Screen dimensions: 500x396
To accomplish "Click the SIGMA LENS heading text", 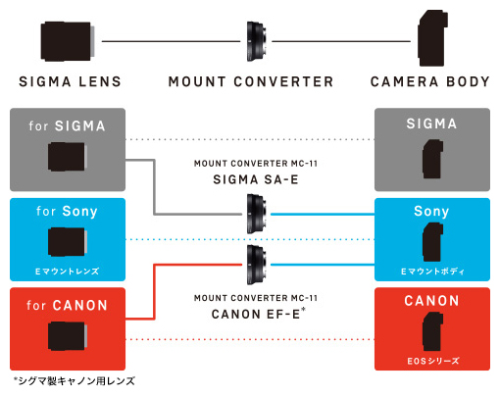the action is click(70, 81).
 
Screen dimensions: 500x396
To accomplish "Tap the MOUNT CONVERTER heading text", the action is click(251, 81).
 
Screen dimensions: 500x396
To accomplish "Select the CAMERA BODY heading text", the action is click(430, 81).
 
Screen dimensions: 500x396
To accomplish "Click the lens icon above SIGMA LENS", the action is click(68, 41).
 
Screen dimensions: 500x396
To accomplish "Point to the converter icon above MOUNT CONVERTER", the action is click(256, 41).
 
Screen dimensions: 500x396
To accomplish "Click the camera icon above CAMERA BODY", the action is click(432, 38).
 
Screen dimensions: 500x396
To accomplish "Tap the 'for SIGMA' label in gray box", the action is click(67, 125).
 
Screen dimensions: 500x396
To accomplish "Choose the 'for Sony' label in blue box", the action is click(67, 211).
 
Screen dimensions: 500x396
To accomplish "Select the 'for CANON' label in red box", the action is click(67, 305).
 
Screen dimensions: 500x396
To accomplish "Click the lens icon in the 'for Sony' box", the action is click(68, 242).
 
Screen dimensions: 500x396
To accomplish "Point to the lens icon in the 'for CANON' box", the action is click(68, 336).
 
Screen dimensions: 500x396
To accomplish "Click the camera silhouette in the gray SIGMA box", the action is click(432, 159).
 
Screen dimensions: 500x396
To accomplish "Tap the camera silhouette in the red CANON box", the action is click(432, 331).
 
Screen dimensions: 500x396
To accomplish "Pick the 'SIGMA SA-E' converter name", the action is click(256, 179).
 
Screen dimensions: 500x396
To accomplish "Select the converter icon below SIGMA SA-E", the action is click(257, 214).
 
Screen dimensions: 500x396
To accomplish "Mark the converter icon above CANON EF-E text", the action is click(257, 265).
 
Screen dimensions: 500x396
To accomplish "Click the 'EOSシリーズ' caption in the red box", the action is click(433, 361).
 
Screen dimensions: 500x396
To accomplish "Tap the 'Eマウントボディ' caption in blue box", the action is click(432, 272).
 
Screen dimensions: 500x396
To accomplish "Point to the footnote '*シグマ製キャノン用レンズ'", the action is click(75, 381).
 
